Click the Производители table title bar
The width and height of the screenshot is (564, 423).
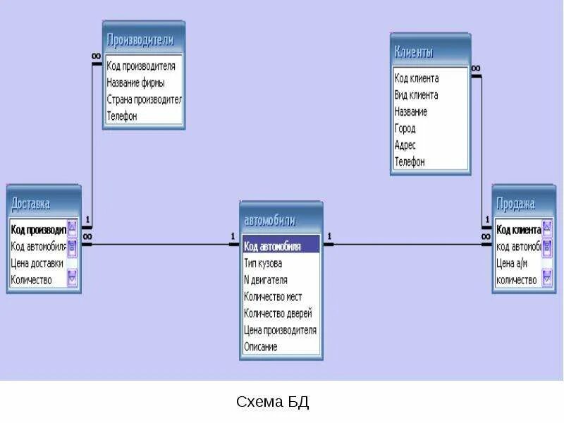(144, 40)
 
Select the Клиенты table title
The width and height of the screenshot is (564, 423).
(429, 52)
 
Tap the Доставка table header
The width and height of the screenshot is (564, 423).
(43, 204)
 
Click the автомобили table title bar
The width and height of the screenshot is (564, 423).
(281, 220)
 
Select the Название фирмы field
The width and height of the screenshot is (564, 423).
(136, 82)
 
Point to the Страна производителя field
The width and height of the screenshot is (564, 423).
(144, 99)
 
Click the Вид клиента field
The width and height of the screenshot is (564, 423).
(416, 95)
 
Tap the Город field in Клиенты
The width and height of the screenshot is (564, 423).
(405, 128)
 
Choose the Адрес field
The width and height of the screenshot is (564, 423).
(405, 145)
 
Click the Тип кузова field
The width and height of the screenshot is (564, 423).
(263, 263)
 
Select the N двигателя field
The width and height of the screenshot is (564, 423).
(266, 280)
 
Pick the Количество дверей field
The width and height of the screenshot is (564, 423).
(278, 313)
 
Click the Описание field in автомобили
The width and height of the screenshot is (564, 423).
(261, 347)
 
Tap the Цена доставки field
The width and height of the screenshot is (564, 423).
(37, 263)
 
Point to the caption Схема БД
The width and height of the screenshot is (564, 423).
(272, 403)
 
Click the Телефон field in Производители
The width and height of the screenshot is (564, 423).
(122, 116)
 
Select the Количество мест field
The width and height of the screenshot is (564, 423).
(273, 297)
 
